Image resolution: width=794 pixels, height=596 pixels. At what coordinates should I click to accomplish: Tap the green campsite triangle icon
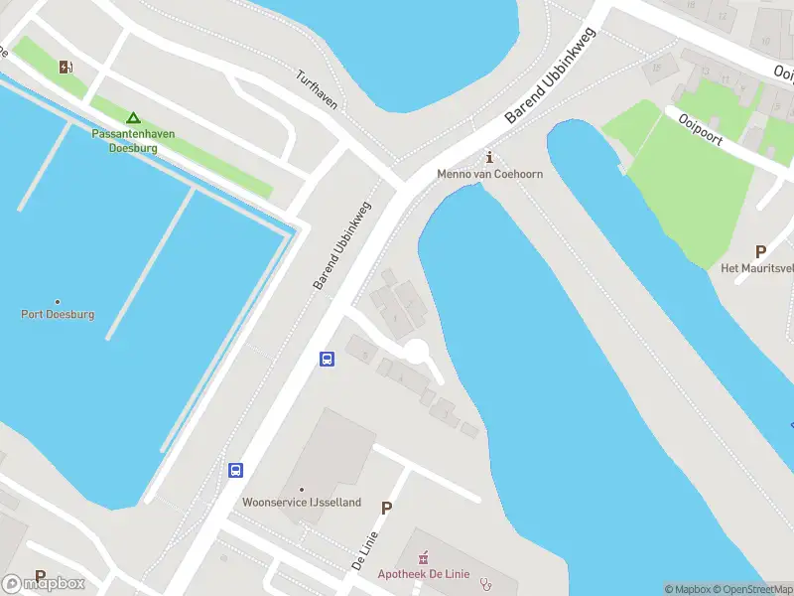click(133, 117)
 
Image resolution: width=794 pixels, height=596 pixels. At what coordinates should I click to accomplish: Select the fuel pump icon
click(66, 68)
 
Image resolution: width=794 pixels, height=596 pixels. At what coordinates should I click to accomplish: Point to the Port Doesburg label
click(58, 314)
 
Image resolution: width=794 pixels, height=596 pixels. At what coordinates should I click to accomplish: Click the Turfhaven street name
click(317, 89)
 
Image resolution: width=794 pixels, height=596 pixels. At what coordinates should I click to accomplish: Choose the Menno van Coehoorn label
click(489, 174)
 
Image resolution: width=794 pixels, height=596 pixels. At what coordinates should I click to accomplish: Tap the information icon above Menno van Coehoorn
click(488, 157)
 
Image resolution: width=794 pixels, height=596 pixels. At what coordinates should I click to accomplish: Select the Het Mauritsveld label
click(757, 268)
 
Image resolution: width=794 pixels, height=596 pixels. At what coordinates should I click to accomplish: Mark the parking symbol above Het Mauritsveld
click(761, 251)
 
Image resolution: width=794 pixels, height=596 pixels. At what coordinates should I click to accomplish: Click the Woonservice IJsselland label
click(302, 503)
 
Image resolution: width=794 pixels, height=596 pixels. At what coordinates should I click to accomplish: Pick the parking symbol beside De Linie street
click(387, 508)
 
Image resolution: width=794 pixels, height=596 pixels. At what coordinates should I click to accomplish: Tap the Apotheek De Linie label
click(423, 574)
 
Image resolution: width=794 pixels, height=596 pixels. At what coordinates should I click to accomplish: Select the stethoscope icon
click(484, 583)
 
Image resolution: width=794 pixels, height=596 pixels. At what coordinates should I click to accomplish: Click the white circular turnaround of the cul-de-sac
click(416, 351)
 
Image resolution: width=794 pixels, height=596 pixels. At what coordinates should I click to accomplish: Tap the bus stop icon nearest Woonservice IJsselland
click(236, 470)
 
